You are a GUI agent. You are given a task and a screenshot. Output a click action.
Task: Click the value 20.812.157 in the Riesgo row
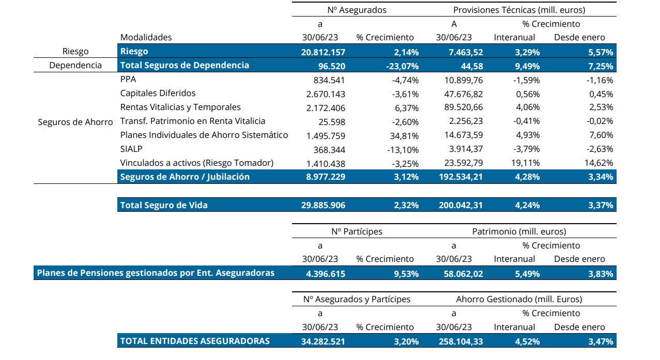[323, 52]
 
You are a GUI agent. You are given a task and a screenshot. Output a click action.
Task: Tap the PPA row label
[128, 80]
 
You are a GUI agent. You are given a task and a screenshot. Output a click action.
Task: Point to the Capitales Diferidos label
[158, 93]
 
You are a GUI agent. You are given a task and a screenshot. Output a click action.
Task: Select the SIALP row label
[132, 149]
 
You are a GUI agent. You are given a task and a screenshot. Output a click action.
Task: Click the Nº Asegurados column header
[357, 10]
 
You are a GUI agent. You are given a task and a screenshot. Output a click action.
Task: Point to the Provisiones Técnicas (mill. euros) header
[519, 10]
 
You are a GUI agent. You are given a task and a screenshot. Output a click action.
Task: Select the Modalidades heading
[146, 37]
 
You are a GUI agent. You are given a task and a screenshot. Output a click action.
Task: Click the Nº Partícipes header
[357, 231]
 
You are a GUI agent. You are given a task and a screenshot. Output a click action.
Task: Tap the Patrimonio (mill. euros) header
[519, 231]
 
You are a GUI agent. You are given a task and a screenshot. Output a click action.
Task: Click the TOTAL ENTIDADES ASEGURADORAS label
[195, 341]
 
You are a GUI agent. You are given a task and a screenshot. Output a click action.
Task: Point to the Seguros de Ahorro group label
[75, 122]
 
